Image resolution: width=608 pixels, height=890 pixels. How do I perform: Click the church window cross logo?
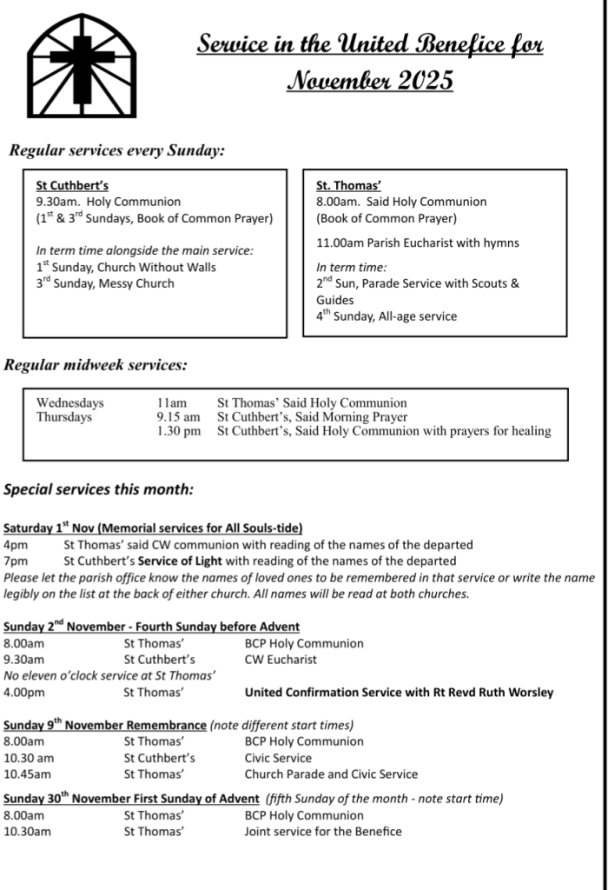(x=82, y=66)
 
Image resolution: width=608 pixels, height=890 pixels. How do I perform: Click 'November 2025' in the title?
(x=370, y=81)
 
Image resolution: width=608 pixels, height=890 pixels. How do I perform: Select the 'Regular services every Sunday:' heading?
(x=117, y=150)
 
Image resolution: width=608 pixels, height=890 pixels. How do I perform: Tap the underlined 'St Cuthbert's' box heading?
(x=72, y=185)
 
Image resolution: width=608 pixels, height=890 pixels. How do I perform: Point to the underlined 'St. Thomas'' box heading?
(x=348, y=185)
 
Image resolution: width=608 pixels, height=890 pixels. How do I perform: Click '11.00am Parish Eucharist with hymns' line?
(x=418, y=242)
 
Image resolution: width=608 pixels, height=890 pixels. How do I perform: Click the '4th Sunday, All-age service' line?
(x=387, y=316)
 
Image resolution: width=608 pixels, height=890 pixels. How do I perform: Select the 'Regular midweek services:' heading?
(x=96, y=365)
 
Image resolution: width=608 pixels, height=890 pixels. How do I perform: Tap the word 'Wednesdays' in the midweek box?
(x=69, y=403)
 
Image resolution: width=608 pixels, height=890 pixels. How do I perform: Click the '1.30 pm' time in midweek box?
(x=179, y=431)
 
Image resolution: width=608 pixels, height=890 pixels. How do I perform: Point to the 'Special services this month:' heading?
(x=99, y=489)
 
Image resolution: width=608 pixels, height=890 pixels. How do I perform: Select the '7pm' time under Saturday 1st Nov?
(x=16, y=561)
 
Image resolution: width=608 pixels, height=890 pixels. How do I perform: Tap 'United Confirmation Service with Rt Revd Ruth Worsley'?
(x=399, y=693)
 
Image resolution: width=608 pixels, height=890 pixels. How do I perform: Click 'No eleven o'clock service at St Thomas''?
(x=109, y=675)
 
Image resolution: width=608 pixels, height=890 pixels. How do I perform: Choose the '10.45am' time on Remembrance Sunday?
(x=28, y=774)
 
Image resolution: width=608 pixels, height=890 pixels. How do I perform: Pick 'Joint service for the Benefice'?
(x=323, y=832)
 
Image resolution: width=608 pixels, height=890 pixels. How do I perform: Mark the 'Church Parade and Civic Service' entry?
(x=331, y=774)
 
